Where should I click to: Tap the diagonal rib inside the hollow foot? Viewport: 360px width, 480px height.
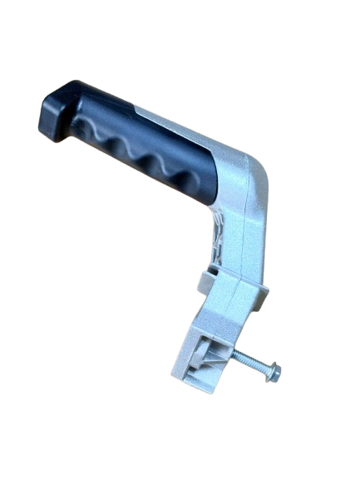[205, 361]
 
